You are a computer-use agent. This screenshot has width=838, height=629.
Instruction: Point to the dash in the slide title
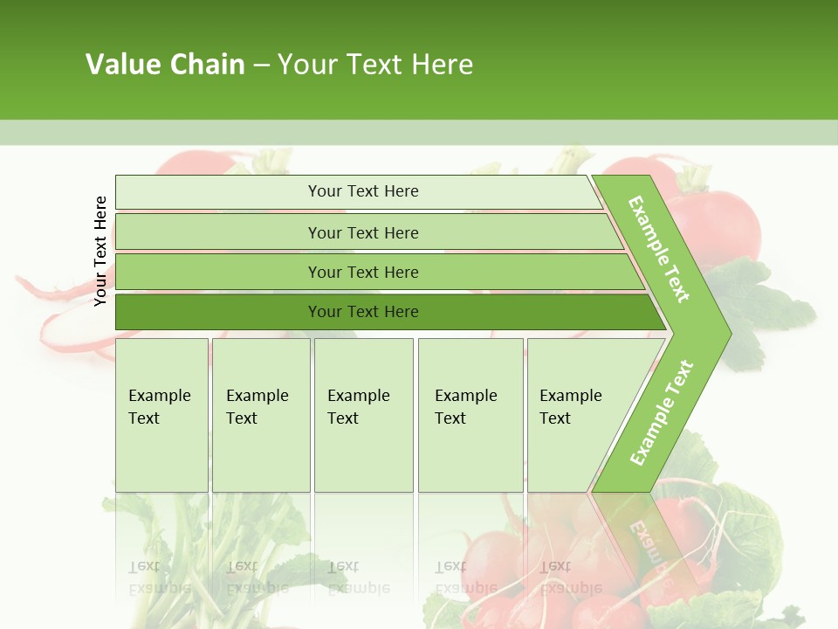[261, 66]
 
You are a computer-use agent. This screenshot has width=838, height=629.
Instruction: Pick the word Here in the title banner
[442, 65]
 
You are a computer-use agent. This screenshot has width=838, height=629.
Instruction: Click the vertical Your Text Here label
[101, 251]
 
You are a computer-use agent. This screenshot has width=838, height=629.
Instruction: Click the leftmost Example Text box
[161, 414]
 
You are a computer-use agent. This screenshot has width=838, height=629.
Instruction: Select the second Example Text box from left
[260, 414]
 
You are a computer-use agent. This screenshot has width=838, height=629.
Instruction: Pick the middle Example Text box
[363, 414]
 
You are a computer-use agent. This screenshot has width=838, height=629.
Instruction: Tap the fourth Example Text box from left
[470, 414]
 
